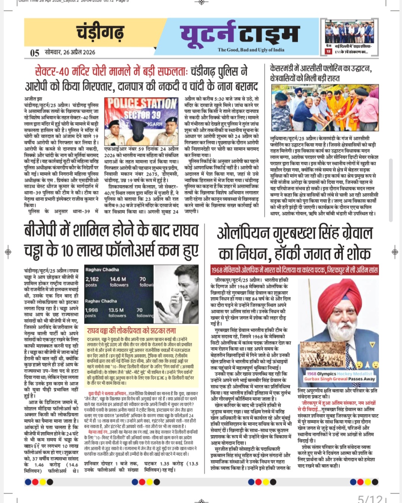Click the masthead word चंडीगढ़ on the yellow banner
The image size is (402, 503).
[x=100, y=32]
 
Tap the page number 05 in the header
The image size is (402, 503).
[x=35, y=53]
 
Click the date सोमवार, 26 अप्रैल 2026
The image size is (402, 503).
[x=70, y=52]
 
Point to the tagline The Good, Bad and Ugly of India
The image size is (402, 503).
[x=251, y=50]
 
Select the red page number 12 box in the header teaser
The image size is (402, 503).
[x=328, y=52]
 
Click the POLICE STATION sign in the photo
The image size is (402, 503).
[x=142, y=104]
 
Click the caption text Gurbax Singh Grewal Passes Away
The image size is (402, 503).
[x=340, y=379]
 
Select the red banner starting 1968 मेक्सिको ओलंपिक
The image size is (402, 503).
[x=295, y=270]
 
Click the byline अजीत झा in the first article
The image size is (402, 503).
[x=33, y=99]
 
